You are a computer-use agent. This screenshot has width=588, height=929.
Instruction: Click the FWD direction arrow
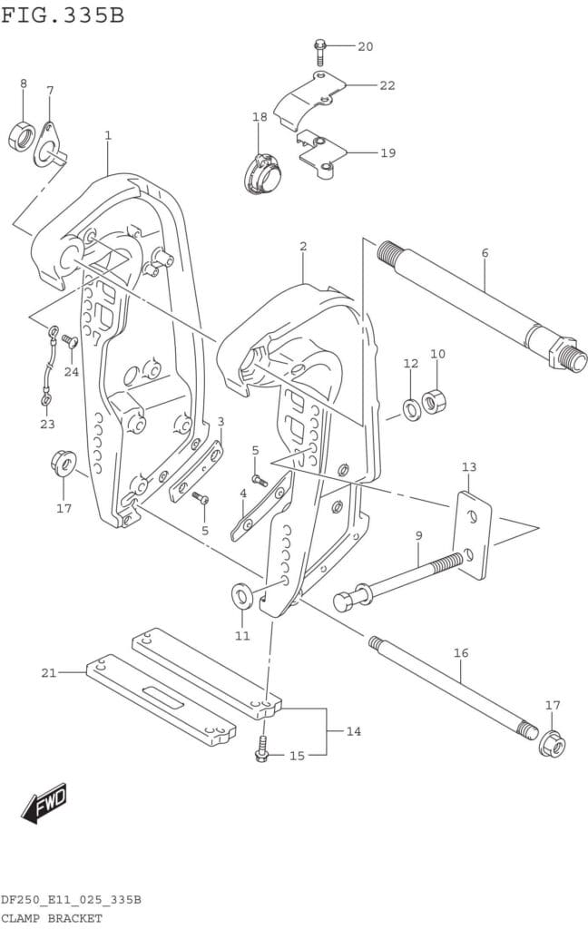pyautogui.click(x=44, y=803)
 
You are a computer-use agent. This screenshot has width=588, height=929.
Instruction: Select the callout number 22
pyautogui.click(x=387, y=85)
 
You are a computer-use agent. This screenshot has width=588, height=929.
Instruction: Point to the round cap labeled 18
pyautogui.click(x=262, y=172)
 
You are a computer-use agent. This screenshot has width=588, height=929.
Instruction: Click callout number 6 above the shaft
pyautogui.click(x=485, y=253)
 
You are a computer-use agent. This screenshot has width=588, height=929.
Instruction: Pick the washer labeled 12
pyautogui.click(x=411, y=409)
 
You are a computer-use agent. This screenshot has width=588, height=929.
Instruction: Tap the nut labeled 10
pyautogui.click(x=435, y=400)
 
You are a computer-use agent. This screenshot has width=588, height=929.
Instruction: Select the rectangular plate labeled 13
pyautogui.click(x=473, y=535)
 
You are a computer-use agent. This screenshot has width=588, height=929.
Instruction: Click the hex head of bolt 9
pyautogui.click(x=345, y=601)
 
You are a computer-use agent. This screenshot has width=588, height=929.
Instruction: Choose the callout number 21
pyautogui.click(x=49, y=672)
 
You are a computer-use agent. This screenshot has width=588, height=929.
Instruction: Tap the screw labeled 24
pyautogui.click(x=71, y=342)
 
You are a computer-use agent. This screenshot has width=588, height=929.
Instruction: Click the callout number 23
pyautogui.click(x=47, y=425)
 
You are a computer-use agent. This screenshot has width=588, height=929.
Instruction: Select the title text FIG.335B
pyautogui.click(x=63, y=16)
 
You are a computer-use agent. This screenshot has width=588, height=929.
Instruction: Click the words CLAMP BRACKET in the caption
pyautogui.click(x=51, y=918)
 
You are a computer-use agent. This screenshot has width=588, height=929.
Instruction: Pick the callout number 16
pyautogui.click(x=461, y=653)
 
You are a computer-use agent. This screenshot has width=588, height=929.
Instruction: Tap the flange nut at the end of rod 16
pyautogui.click(x=552, y=745)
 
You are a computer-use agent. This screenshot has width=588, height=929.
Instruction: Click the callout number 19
pyautogui.click(x=387, y=152)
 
